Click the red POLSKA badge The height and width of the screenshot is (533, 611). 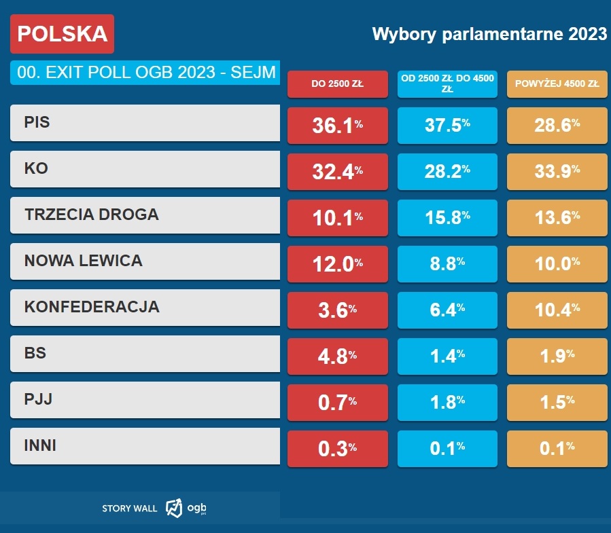(x=62, y=34)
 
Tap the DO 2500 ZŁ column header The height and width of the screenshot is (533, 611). (x=337, y=84)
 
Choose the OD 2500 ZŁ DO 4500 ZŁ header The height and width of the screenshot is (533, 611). (x=447, y=84)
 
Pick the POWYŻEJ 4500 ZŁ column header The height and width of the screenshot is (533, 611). (x=557, y=84)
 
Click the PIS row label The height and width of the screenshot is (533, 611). (x=145, y=122)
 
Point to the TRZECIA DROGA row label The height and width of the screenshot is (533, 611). (x=145, y=215)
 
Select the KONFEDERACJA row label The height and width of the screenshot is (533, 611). (x=145, y=307)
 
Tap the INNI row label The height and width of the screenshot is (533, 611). (x=145, y=445)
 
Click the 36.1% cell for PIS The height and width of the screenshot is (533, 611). (x=337, y=125)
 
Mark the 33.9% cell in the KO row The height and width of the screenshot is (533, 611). (x=557, y=171)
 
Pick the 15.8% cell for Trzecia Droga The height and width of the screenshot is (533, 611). (x=447, y=217)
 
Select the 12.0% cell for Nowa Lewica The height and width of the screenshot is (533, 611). (x=337, y=263)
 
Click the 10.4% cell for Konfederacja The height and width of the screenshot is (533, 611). (x=557, y=310)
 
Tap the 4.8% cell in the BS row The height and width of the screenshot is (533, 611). (x=337, y=356)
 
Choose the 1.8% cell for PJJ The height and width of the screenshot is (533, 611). (x=447, y=402)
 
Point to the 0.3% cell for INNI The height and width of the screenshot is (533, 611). (x=337, y=448)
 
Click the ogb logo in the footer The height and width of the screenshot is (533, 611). (x=186, y=507)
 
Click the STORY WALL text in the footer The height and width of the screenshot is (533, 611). (x=129, y=508)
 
